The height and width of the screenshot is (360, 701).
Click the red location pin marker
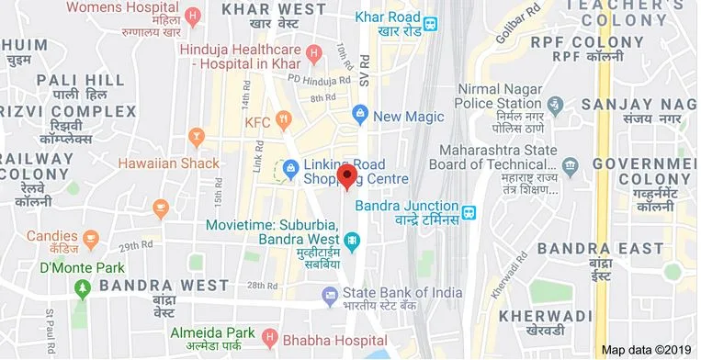346,175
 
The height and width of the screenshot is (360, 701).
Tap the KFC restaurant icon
283,120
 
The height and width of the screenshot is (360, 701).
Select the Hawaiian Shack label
169,163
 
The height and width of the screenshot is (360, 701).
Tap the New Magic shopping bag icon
360,116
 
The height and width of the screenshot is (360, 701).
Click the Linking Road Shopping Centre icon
291,168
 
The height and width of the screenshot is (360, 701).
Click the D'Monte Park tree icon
82,287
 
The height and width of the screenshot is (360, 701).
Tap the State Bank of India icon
330,296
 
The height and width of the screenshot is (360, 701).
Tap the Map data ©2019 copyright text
646,350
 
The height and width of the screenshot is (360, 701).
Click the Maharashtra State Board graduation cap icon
571,166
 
